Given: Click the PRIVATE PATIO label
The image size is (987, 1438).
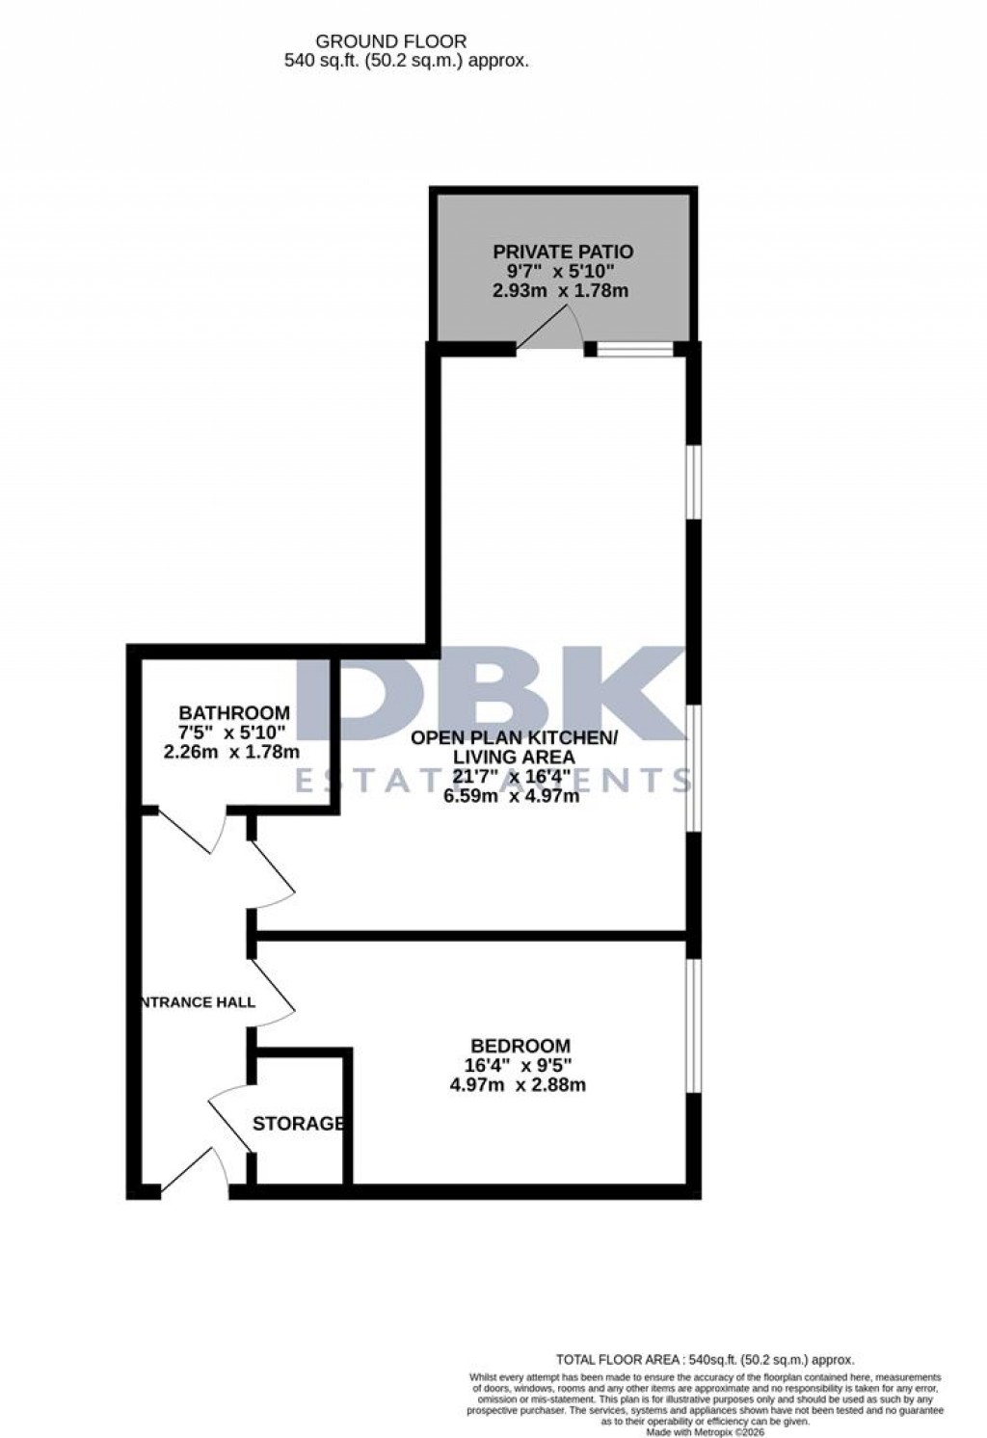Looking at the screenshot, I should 564,253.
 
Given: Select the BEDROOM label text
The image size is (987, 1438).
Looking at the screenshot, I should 520,1046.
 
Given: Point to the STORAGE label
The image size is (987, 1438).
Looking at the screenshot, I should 299,1124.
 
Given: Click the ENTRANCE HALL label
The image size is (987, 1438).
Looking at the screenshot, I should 199,1002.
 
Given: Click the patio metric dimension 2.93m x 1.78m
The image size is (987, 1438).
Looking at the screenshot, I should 560,290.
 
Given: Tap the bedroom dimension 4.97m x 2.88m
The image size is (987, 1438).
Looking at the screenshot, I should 519,1085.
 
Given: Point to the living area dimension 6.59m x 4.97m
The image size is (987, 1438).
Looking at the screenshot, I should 512,796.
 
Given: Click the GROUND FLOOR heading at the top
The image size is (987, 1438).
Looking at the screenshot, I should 391,41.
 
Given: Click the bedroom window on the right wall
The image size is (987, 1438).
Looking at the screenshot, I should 692,1025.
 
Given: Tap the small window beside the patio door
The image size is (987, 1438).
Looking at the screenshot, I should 634,350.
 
